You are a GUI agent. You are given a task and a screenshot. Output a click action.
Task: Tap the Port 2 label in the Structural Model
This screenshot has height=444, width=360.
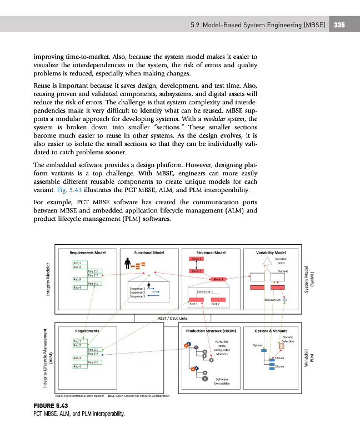216,304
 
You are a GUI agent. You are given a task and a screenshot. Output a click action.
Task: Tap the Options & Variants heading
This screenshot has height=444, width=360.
271,330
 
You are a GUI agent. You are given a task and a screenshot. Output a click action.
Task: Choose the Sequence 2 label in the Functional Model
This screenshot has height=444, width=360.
137,292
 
